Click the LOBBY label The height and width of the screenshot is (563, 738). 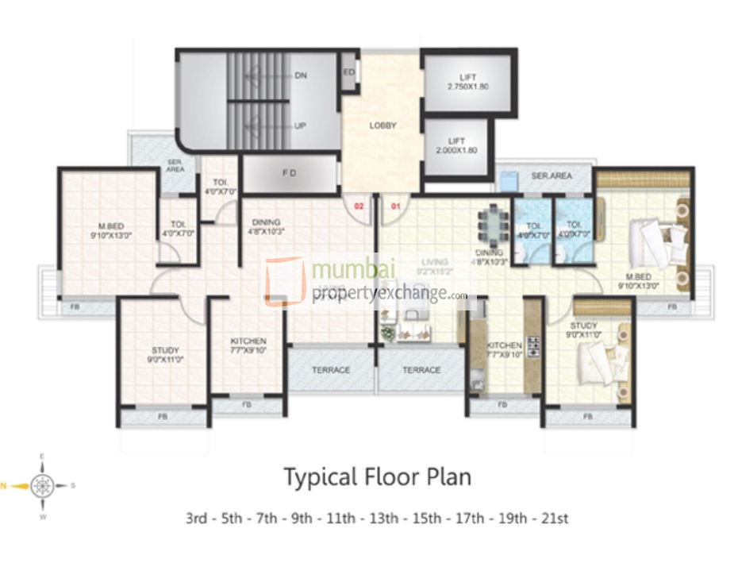click(x=382, y=125)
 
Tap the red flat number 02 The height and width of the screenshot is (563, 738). click(x=359, y=206)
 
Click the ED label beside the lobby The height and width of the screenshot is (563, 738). click(x=348, y=71)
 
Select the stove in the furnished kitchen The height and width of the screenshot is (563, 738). click(x=533, y=346)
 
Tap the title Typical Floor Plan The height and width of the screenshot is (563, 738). click(x=377, y=477)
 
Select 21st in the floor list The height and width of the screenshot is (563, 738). click(x=554, y=519)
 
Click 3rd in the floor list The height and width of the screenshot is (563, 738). click(x=198, y=519)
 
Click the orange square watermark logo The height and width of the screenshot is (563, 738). click(x=284, y=280)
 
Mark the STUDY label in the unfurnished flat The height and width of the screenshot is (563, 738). click(x=165, y=350)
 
